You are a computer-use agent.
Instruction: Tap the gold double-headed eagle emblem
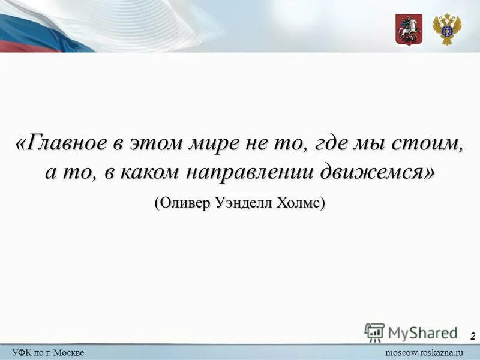(x=447, y=29)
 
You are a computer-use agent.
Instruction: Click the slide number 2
(x=473, y=336)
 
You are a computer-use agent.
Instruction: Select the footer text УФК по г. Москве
(x=48, y=352)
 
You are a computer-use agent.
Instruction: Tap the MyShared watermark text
(x=423, y=332)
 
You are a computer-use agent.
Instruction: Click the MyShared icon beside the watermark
(x=374, y=332)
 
